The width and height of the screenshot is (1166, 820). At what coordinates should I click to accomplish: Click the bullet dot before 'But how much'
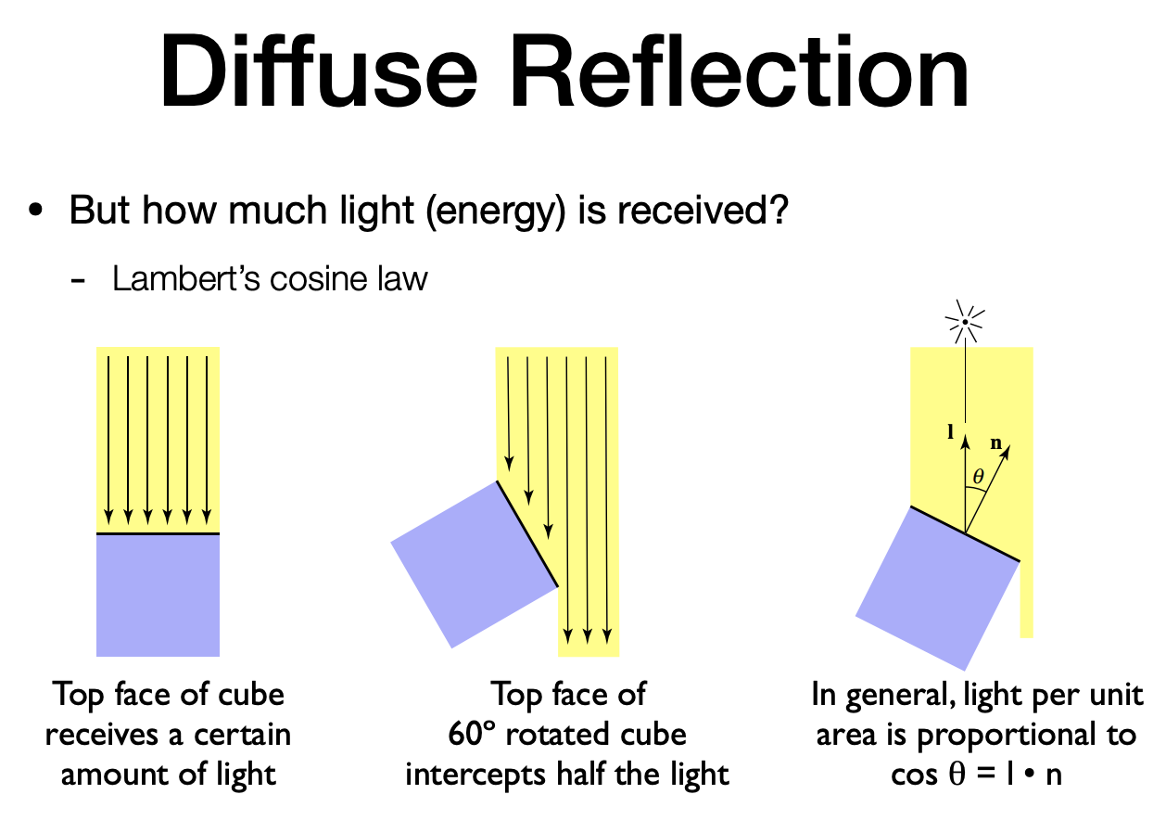click(36, 211)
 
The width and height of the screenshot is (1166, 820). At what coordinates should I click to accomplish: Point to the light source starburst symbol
click(965, 324)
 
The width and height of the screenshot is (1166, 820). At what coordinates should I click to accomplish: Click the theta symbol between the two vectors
click(976, 479)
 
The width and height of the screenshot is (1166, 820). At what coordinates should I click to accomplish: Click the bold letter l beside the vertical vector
click(951, 431)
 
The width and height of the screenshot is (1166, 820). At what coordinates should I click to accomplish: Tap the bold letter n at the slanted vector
click(996, 442)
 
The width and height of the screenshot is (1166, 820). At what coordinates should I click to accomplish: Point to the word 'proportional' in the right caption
click(1007, 735)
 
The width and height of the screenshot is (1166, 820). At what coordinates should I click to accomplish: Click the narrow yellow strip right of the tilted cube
click(1026, 603)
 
